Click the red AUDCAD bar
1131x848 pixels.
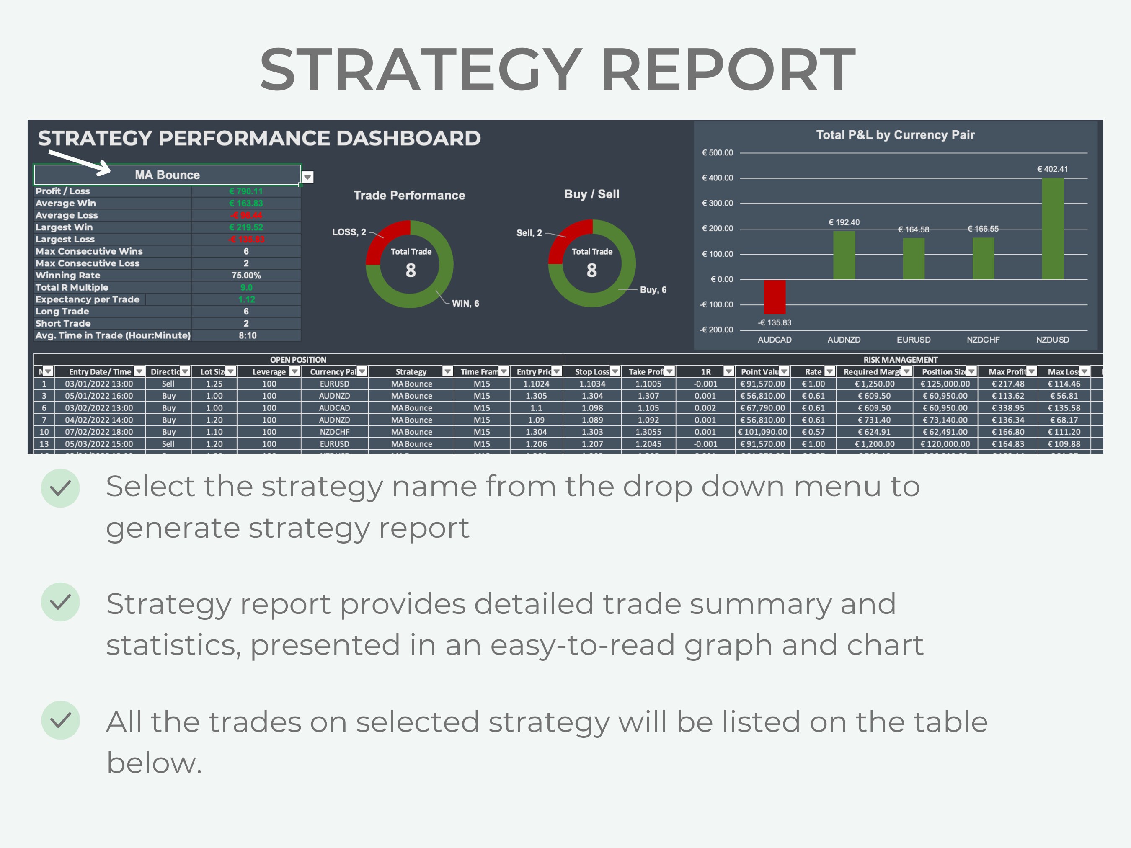(x=775, y=296)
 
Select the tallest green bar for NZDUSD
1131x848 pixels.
(x=1052, y=229)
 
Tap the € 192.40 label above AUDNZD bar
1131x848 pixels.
(x=844, y=222)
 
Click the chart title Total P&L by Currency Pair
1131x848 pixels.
(x=895, y=135)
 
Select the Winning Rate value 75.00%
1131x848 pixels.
(x=246, y=276)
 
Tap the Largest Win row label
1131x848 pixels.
(x=64, y=227)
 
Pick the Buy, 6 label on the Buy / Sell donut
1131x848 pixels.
(x=653, y=290)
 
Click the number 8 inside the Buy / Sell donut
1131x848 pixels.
(x=591, y=271)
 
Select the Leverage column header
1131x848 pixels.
(x=269, y=371)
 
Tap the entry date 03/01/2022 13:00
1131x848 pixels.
(x=99, y=384)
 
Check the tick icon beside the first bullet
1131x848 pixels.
(x=60, y=488)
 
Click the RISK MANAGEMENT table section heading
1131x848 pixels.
(x=901, y=360)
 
